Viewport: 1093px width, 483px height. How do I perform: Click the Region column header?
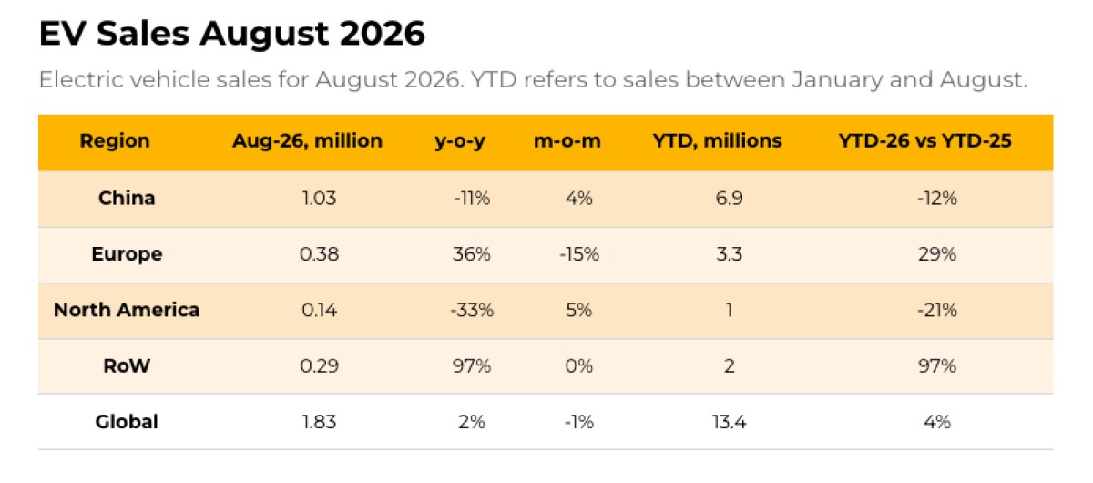pos(115,141)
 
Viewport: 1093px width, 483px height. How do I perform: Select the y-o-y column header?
pos(460,141)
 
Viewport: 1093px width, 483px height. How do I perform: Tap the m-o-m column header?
pos(567,140)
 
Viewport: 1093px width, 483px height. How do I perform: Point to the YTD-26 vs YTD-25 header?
pos(924,140)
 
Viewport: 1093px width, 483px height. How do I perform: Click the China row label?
pos(127,198)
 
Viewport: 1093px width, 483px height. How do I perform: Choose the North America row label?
pos(127,310)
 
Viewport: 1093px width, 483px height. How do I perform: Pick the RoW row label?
pos(127,365)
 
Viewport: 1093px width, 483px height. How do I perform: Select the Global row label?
pos(127,421)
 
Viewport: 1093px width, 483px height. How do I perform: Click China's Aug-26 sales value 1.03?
pos(319,198)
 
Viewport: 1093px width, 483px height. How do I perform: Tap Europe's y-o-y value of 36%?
pos(472,254)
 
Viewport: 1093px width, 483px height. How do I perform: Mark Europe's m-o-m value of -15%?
pos(579,254)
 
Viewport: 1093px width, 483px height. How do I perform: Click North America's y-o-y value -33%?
pos(472,310)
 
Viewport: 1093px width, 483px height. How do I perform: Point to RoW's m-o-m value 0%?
pos(579,365)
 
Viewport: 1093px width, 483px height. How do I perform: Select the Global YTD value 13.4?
pos(729,421)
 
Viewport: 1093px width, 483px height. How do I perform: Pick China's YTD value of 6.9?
pos(729,198)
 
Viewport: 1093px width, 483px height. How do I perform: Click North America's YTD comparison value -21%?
pos(937,310)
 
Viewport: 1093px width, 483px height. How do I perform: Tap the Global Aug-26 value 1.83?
pos(319,421)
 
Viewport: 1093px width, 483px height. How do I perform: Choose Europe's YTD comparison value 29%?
pos(937,254)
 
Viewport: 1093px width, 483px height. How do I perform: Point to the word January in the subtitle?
pos(837,79)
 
